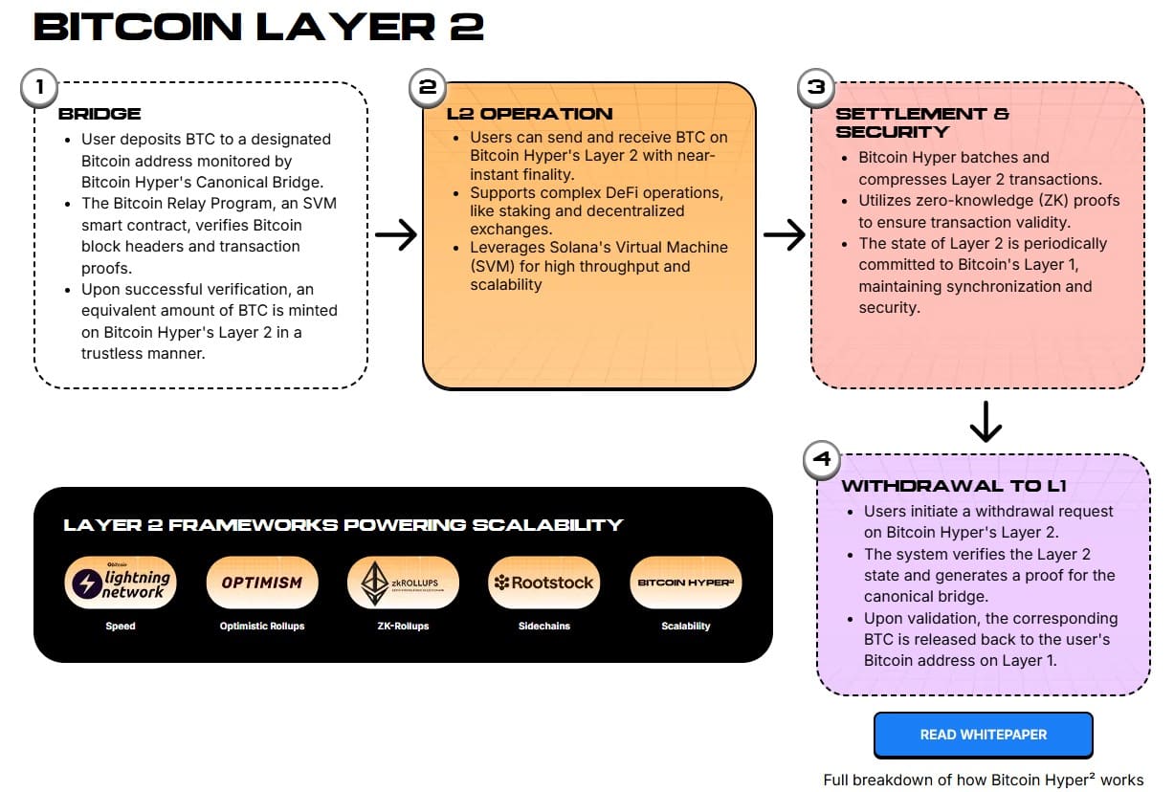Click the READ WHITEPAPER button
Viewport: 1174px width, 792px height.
983,735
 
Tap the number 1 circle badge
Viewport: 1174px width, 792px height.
39,87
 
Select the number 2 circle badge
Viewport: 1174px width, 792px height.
428,87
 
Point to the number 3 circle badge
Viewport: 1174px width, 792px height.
816,87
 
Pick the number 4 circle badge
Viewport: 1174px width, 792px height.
822,460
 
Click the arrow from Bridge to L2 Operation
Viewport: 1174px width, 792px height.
395,235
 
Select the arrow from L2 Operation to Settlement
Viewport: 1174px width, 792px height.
784,235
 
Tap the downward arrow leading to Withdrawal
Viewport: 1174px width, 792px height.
985,421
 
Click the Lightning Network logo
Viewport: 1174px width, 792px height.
121,583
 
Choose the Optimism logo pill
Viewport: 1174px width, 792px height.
261,583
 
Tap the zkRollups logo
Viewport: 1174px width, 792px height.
402,583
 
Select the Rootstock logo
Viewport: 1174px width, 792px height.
543,583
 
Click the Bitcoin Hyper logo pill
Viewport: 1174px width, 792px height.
686,583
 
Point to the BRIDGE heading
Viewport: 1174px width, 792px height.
100,114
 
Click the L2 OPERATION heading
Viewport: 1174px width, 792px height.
529,114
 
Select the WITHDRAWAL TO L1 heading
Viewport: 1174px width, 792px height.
953,486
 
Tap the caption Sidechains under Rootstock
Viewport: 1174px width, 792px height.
543,626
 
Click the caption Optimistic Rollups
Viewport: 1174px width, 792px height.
261,626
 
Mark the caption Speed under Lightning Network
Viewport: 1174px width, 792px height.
121,626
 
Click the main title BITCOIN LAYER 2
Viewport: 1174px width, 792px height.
258,27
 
